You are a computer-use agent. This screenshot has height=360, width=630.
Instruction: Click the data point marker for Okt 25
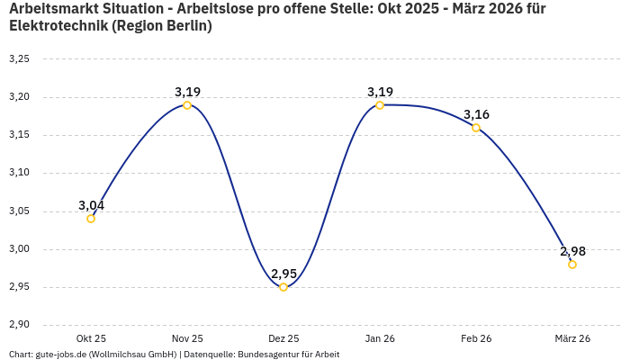click(91, 219)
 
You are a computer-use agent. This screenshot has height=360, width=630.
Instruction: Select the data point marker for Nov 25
click(187, 105)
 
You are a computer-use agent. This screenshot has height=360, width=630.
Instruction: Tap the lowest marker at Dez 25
click(283, 287)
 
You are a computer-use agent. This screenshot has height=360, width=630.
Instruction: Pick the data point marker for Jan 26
click(380, 105)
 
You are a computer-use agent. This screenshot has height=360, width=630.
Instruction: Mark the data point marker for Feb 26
click(476, 128)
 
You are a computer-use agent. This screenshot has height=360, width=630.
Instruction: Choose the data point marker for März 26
click(572, 265)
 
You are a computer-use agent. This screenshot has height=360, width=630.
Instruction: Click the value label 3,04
click(91, 205)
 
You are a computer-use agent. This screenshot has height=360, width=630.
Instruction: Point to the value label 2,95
click(284, 274)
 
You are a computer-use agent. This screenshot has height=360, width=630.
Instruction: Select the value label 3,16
click(477, 114)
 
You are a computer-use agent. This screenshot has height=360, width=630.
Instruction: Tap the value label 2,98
click(572, 251)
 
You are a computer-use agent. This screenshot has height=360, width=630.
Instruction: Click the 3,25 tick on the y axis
click(19, 59)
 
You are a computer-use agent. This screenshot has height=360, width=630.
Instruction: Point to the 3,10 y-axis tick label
click(19, 173)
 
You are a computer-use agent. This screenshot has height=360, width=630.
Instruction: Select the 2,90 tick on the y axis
click(19, 325)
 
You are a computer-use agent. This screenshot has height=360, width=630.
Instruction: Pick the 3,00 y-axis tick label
click(19, 249)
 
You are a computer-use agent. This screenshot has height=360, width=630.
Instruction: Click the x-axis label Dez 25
click(283, 338)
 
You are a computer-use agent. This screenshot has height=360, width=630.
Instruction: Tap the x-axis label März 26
click(572, 338)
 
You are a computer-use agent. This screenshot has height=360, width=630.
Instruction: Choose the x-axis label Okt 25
click(91, 338)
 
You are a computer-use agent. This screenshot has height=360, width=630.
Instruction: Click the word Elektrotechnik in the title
click(58, 26)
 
